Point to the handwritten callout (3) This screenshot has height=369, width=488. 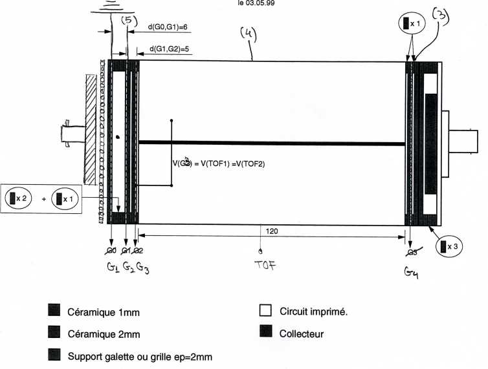click(x=442, y=16)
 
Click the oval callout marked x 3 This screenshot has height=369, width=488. click(x=450, y=246)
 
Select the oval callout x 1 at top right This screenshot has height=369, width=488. click(x=412, y=23)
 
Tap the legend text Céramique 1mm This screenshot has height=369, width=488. click(x=104, y=312)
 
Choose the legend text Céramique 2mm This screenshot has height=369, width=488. click(x=104, y=334)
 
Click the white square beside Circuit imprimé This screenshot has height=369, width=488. click(x=264, y=310)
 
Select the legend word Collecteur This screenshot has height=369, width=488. click(x=302, y=334)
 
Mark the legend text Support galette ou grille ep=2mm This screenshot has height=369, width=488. click(x=140, y=356)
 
